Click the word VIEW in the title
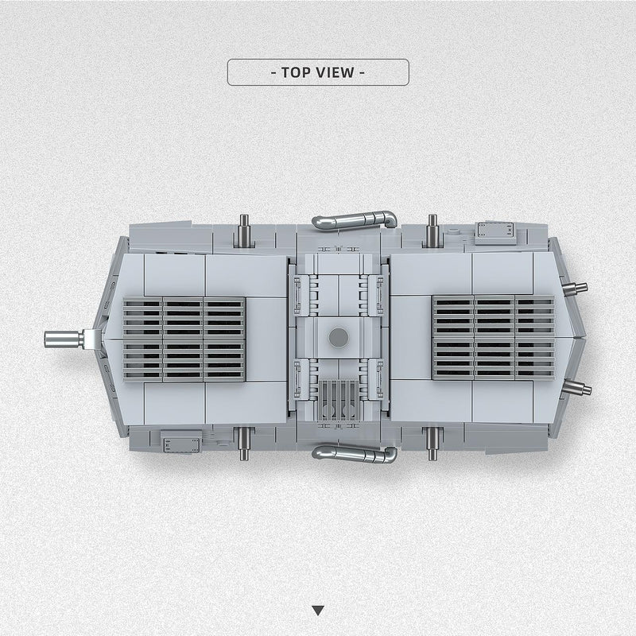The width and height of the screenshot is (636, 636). [336, 72]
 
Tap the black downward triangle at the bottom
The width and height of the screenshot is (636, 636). [318, 611]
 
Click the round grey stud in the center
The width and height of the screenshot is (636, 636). [339, 337]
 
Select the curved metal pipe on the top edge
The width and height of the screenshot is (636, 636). [354, 220]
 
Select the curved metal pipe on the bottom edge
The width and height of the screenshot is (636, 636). [354, 453]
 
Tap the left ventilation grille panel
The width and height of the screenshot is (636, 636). [184, 339]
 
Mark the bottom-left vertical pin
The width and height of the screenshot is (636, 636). [244, 442]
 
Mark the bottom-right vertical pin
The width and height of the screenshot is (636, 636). [432, 442]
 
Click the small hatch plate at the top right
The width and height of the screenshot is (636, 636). [494, 232]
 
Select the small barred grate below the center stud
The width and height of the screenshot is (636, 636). [339, 397]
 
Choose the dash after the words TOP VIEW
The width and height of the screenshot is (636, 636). [363, 72]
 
